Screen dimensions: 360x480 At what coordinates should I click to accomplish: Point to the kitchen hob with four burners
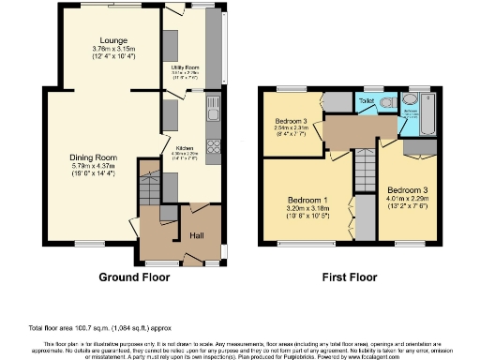214,147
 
